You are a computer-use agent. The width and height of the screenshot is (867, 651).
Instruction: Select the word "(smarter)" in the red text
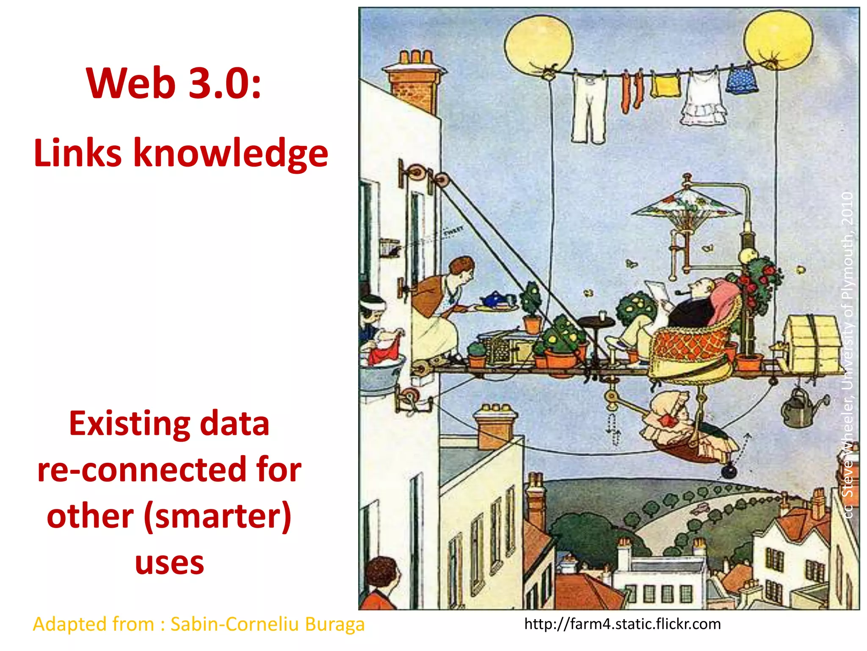(x=218, y=516)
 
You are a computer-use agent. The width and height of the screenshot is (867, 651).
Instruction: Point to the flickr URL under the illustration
(x=622, y=624)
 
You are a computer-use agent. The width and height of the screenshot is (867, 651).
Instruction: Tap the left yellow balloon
(x=538, y=45)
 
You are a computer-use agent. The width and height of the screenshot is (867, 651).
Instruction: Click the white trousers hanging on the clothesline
(x=588, y=108)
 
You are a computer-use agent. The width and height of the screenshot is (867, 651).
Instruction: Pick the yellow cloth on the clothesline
(x=665, y=86)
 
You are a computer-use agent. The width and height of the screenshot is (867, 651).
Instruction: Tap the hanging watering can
(x=799, y=409)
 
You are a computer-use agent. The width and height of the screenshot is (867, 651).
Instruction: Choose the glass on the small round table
(x=602, y=316)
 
